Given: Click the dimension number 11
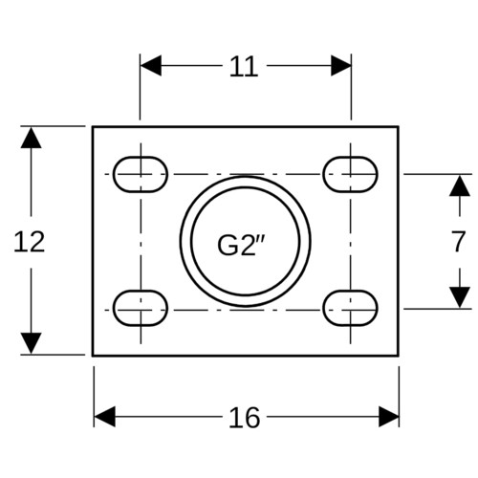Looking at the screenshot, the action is pyautogui.click(x=244, y=67).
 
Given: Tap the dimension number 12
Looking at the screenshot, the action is pyautogui.click(x=30, y=242).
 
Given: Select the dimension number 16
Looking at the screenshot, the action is pyautogui.click(x=245, y=418).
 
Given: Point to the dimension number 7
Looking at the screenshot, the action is pyautogui.click(x=458, y=241).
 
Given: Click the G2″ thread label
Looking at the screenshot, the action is pyautogui.click(x=241, y=246).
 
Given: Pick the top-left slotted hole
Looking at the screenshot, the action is pyautogui.click(x=141, y=174).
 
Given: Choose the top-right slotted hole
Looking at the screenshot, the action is pyautogui.click(x=350, y=174).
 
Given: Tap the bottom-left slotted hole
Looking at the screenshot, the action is pyautogui.click(x=141, y=308).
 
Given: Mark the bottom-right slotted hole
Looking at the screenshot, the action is pyautogui.click(x=350, y=308).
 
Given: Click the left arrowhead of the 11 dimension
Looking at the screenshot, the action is pyautogui.click(x=151, y=66).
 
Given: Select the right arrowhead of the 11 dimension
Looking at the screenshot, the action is pyautogui.click(x=341, y=66).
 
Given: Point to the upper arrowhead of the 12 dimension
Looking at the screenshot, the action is pyautogui.click(x=31, y=138).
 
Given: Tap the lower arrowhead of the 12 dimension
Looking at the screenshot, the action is pyautogui.click(x=31, y=343).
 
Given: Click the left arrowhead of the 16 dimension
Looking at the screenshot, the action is pyautogui.click(x=104, y=417).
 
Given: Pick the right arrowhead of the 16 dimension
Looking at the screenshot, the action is pyautogui.click(x=389, y=417).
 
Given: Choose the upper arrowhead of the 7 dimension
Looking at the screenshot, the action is pyautogui.click(x=460, y=185).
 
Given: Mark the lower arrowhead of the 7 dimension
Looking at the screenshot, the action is pyautogui.click(x=460, y=297).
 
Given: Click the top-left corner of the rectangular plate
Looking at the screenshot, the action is pyautogui.click(x=93, y=127).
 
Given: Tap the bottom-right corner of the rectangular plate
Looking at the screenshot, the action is pyautogui.click(x=399, y=356).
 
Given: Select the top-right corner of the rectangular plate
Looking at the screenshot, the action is pyautogui.click(x=399, y=127).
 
